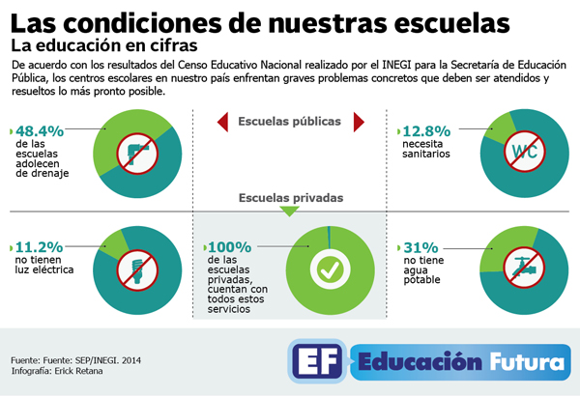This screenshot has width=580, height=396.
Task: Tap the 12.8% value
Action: (429, 130)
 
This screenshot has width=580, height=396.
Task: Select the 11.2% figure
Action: (40, 246)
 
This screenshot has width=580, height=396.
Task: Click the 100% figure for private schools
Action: (229, 246)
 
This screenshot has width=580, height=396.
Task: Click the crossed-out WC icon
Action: (522, 150)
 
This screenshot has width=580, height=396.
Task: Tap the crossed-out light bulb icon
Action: (136, 266)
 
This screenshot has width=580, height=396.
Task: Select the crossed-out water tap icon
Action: (522, 266)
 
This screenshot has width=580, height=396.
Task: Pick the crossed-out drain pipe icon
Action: (136, 150)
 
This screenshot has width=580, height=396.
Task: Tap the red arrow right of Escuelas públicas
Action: (359, 121)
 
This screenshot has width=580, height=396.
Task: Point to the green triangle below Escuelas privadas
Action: (289, 211)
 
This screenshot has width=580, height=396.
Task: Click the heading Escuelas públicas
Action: (289, 121)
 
